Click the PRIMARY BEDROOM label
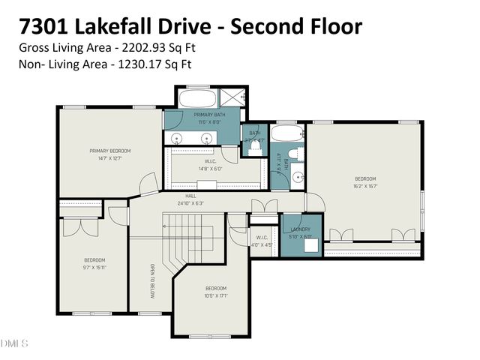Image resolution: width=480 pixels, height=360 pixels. coord(105,151)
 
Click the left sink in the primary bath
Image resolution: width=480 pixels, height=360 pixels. coord(178,138)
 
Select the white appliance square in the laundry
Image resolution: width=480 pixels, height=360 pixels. coord(310,244)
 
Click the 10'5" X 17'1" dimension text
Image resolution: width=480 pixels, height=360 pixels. coord(216,295)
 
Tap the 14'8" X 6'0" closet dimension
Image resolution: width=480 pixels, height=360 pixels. coord(211,168)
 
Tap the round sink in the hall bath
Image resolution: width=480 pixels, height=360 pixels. coord(298,178)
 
